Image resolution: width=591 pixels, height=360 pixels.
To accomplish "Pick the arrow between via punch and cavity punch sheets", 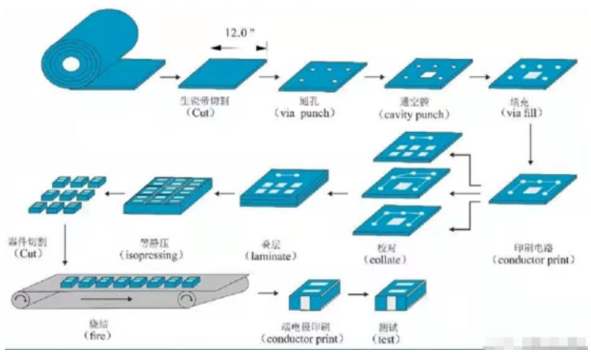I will point(374,76).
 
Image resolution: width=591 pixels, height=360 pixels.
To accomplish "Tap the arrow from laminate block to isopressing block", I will point(225,193).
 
